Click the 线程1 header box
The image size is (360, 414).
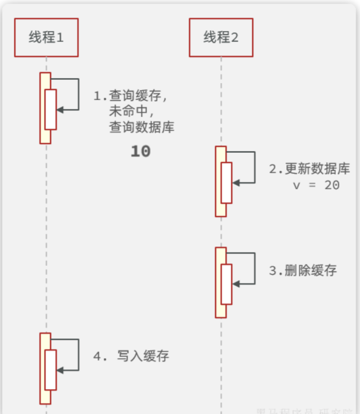point(46,37)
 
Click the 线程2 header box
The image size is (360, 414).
point(221,37)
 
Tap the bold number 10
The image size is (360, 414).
point(140,151)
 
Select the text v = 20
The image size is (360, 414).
point(317,185)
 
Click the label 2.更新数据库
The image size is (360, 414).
point(310,168)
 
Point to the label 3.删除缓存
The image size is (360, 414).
point(303,270)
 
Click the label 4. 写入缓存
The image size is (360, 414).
point(131,356)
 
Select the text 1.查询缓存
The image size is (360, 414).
point(130,96)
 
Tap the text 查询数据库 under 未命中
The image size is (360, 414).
point(142,127)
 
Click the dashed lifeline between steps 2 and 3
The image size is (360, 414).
point(221,232)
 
